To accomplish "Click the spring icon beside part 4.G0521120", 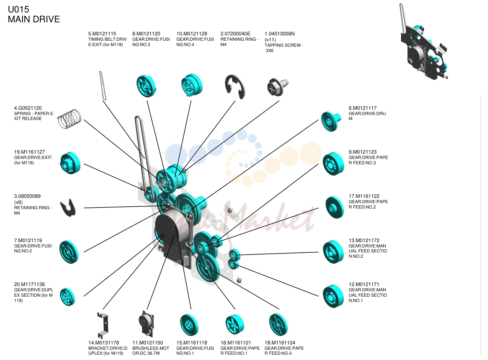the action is click(69, 119).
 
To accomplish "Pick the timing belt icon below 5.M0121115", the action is click(103, 86).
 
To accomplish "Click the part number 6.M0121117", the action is click(362, 108).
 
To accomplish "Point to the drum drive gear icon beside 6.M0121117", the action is click(331, 121).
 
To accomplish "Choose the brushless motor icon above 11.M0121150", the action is click(146, 324).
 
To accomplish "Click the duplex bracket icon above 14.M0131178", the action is click(103, 325).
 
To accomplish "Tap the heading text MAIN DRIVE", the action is click(34, 19).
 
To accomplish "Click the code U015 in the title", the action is click(18, 9).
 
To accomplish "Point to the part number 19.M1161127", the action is click(29, 152).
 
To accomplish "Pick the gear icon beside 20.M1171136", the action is click(68, 297).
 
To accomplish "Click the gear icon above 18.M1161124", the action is click(278, 324).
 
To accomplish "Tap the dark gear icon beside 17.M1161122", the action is click(335, 207).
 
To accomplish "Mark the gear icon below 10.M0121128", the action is click(192, 85).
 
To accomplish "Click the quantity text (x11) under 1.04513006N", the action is click(270, 40).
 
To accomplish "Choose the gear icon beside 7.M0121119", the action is click(69, 252).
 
